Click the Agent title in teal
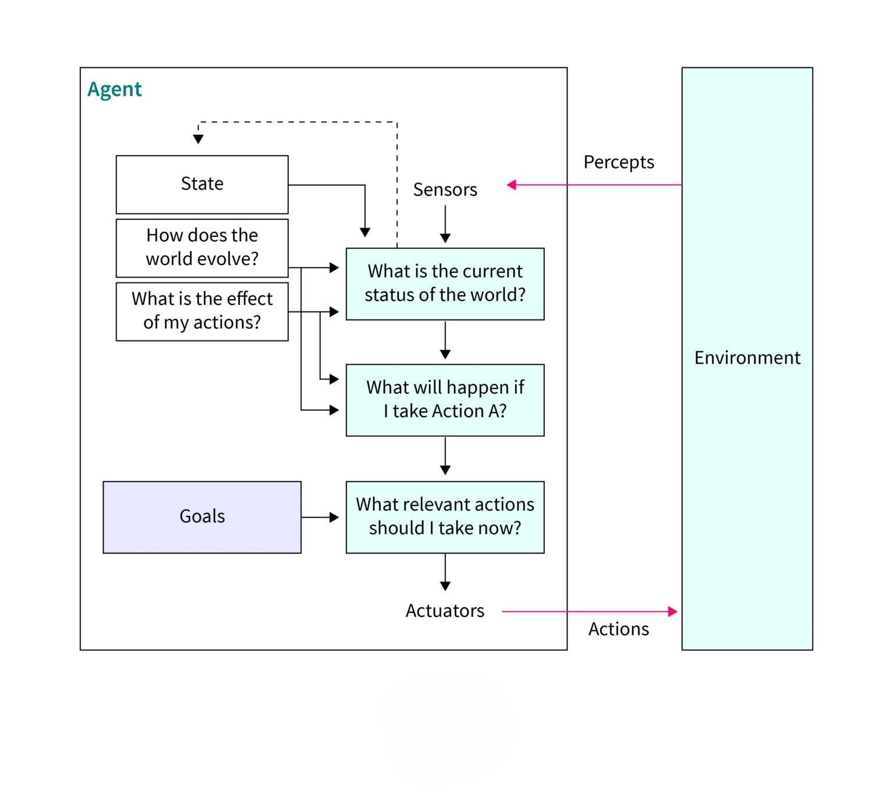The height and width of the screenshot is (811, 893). (x=115, y=89)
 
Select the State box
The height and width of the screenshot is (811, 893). (x=202, y=184)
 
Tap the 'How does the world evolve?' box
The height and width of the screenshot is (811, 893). (x=202, y=247)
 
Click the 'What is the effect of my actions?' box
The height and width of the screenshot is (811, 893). (x=202, y=311)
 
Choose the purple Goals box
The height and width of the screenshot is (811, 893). (x=202, y=516)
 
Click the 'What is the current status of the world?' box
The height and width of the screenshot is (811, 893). (x=445, y=284)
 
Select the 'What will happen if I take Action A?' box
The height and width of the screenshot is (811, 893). (x=445, y=400)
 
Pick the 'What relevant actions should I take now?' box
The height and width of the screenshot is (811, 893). (x=445, y=516)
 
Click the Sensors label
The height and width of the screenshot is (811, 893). (x=445, y=190)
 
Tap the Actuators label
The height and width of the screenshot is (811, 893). (x=445, y=611)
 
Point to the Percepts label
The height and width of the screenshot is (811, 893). (x=619, y=162)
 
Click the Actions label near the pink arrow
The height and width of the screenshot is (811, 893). (x=619, y=629)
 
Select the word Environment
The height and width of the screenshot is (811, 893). (x=747, y=358)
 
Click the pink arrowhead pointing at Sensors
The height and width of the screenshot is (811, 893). (x=512, y=185)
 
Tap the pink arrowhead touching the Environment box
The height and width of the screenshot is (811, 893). (x=673, y=611)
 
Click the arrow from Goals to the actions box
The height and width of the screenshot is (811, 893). (x=320, y=517)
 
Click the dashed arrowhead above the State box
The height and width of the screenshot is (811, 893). (x=198, y=139)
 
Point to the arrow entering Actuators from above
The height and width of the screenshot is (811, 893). (x=445, y=572)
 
